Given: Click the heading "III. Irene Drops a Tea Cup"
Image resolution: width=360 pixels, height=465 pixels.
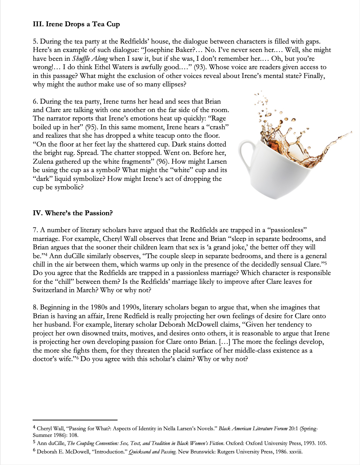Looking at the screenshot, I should click(76, 24).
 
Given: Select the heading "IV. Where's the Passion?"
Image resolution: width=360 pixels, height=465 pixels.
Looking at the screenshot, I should click(73, 213).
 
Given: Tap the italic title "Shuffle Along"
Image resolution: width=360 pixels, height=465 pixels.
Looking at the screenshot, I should click(90, 59).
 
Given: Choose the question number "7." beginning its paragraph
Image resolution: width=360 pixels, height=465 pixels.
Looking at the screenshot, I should click(35, 230).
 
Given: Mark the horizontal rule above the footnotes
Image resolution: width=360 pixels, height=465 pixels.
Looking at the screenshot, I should click(75, 420).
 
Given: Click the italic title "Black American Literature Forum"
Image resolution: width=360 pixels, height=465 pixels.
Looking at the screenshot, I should click(253, 428).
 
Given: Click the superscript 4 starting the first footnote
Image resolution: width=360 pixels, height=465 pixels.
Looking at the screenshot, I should click(34, 428).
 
